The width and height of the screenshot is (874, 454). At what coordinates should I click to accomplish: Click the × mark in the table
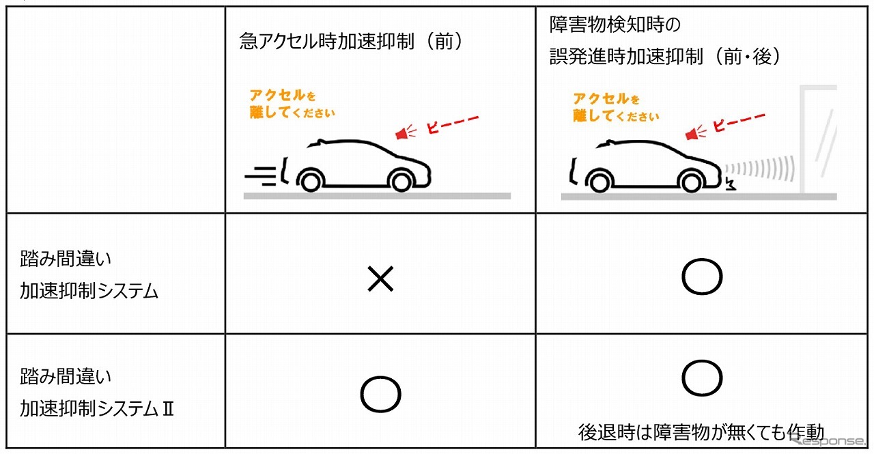(x=380, y=279)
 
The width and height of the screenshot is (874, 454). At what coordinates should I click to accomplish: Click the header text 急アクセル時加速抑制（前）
(x=351, y=42)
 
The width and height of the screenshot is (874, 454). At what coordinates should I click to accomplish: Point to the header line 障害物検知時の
(x=615, y=25)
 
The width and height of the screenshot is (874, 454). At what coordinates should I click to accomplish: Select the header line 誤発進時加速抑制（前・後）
(x=665, y=57)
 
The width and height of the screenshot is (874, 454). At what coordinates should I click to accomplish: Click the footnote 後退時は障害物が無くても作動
(x=701, y=432)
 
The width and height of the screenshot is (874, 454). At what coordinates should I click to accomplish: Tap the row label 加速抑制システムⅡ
(x=97, y=409)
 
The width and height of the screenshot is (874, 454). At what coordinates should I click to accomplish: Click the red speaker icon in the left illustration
(x=405, y=132)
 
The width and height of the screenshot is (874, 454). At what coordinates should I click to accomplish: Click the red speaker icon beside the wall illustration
(x=695, y=133)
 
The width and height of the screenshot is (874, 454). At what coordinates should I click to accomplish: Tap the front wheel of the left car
(x=401, y=182)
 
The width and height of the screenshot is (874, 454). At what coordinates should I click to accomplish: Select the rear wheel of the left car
(x=311, y=182)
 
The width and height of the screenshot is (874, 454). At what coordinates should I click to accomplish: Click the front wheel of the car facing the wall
(x=691, y=182)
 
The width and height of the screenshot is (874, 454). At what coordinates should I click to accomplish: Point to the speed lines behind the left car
(x=260, y=176)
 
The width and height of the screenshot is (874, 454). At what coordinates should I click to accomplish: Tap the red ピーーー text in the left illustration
(x=453, y=124)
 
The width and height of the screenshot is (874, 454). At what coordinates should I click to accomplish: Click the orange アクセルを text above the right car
(x=606, y=99)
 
